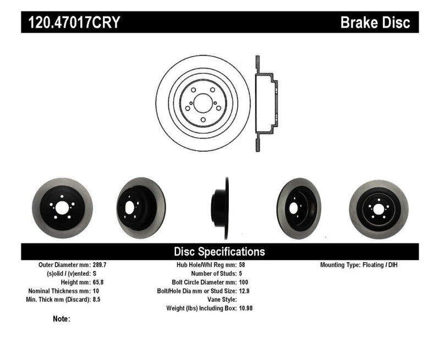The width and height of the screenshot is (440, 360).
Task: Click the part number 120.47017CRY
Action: point(71,22)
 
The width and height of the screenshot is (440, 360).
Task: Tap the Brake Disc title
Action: point(375,22)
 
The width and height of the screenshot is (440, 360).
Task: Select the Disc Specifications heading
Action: point(219,252)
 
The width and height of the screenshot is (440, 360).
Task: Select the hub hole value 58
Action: point(243,265)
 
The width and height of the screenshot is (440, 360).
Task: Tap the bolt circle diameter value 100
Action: point(244,282)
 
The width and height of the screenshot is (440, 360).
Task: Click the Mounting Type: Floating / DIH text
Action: point(359,265)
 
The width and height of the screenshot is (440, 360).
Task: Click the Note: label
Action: point(62,319)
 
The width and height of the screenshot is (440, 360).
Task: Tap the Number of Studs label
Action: point(213,274)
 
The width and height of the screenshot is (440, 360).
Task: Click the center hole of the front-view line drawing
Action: point(203,103)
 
